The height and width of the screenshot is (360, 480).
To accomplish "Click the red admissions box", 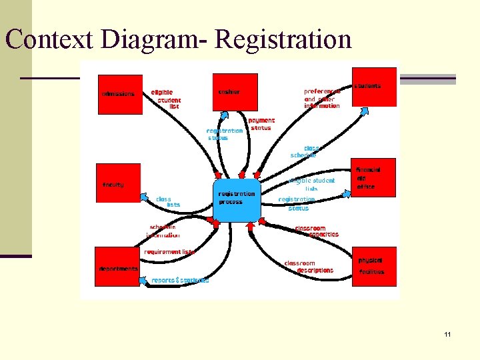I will point(120,94).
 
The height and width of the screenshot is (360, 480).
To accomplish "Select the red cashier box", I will point(235,91).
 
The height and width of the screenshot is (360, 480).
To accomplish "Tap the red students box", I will point(373,86).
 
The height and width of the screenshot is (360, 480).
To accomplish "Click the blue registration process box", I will point(237,199).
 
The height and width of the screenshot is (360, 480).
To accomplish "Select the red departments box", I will point(119,267).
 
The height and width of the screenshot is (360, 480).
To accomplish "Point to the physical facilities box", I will point(373,266).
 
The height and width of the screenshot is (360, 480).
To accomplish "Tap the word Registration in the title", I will point(283,39).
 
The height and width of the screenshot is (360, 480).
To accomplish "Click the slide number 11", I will point(447,334).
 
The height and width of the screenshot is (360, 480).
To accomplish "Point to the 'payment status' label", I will point(261,124).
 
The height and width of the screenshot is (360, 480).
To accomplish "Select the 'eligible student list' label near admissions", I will point(166,99).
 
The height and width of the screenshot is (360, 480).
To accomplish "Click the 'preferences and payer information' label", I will point(322,98).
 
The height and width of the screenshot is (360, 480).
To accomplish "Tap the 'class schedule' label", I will point(304,151).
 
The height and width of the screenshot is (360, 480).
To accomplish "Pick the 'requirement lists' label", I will point(169,252).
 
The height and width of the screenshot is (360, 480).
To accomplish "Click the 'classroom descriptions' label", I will point(309,267).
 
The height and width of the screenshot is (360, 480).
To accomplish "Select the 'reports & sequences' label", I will point(180,280).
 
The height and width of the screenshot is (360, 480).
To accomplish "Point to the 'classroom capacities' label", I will point(317,231).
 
